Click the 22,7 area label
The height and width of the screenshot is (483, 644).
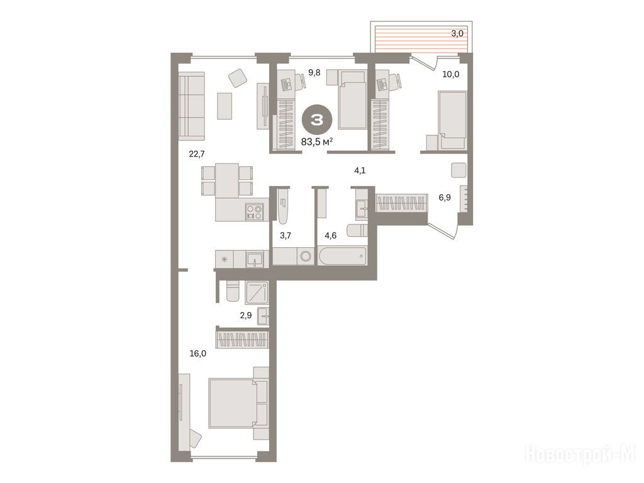197,154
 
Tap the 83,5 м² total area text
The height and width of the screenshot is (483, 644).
317,142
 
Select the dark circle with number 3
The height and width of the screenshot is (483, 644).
317,120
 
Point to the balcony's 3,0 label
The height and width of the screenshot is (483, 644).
457,34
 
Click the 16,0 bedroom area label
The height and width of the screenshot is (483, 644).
198,353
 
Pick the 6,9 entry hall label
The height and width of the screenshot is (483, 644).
445,197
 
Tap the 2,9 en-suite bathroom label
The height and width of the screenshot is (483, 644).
245,316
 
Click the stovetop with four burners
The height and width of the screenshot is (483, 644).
254,213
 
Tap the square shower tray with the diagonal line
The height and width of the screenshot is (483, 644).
257,293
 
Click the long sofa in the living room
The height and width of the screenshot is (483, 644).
191,106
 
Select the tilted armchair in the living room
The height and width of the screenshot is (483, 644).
237,77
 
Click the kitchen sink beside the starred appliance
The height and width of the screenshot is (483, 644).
255,260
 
